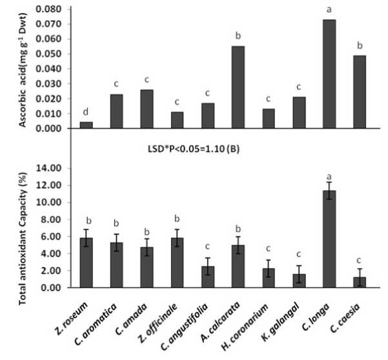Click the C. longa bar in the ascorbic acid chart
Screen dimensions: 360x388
(x=329, y=74)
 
